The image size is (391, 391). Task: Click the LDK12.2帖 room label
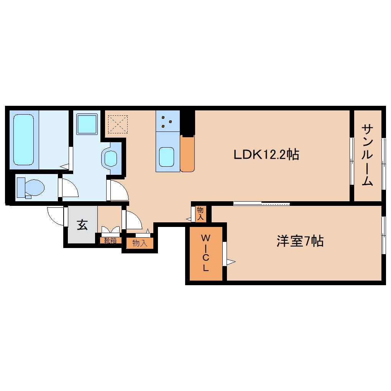(266, 154)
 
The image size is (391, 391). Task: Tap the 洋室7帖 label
(300, 242)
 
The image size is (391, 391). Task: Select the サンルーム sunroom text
(367, 154)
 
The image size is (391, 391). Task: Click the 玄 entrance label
(82, 225)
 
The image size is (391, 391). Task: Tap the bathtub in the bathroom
(24, 140)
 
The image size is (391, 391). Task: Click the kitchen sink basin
(167, 157)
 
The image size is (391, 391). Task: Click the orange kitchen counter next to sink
(187, 153)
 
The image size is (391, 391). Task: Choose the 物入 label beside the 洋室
(200, 214)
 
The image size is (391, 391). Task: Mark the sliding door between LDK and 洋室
(261, 204)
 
